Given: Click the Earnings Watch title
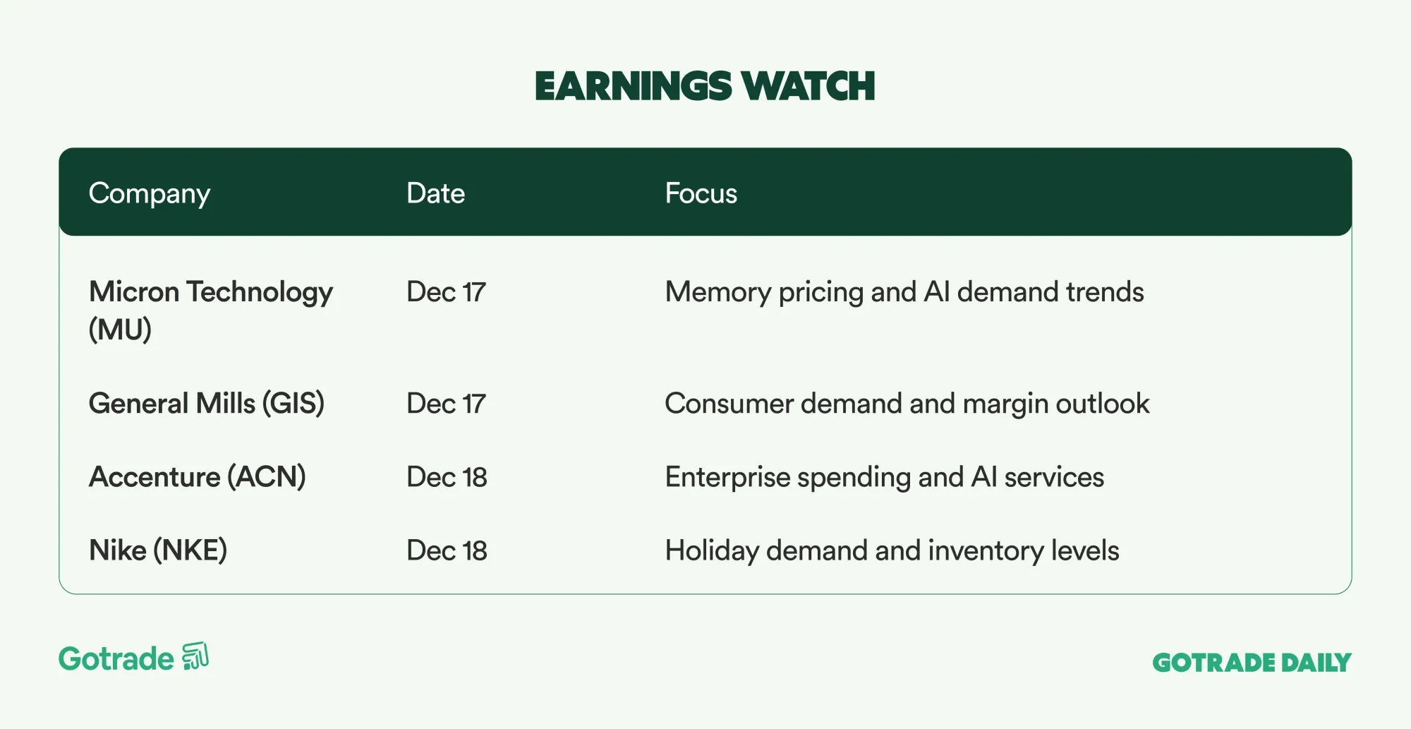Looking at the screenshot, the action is click(x=705, y=86).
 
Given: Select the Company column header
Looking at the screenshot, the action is click(x=150, y=194).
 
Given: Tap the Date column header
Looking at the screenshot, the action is click(x=436, y=193).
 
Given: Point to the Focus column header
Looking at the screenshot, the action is click(x=701, y=193).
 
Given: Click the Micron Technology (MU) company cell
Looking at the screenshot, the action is click(x=211, y=311).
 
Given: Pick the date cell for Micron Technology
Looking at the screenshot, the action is click(x=447, y=292).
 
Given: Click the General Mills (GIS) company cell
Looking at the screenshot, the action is click(x=207, y=404).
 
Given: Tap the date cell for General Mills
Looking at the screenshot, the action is click(x=447, y=404).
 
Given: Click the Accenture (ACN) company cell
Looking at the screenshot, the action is click(x=198, y=477).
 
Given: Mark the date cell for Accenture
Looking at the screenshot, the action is click(x=447, y=477).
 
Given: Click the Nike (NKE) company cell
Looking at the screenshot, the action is click(x=158, y=550).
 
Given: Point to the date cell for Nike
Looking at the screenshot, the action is click(x=447, y=550).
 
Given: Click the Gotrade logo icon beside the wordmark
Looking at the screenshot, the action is click(x=195, y=656).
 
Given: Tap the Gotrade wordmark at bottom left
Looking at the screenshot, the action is click(x=116, y=658).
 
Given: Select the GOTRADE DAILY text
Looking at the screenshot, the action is click(x=1252, y=663).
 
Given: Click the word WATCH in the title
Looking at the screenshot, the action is click(x=809, y=86).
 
